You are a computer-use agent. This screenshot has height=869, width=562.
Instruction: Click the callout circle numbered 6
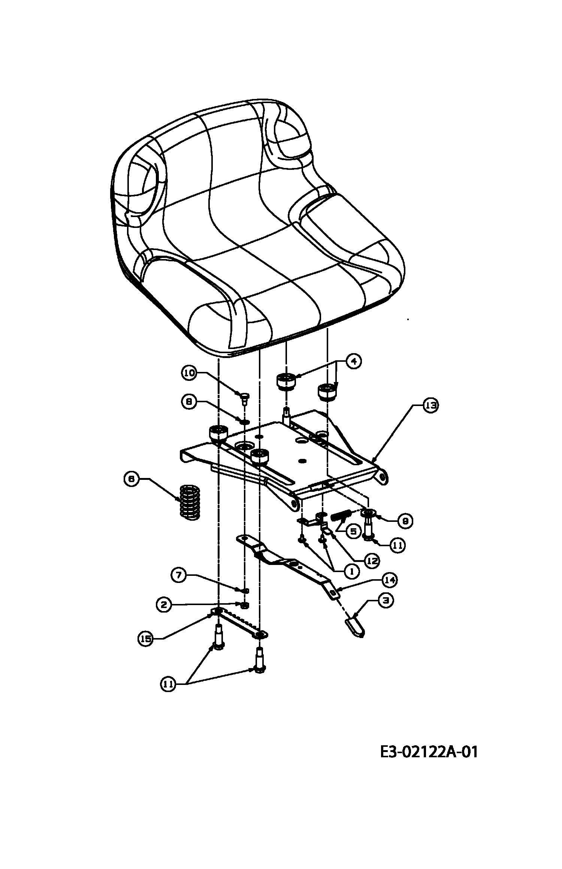(x=132, y=479)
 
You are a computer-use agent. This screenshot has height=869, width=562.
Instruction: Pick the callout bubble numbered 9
(x=405, y=521)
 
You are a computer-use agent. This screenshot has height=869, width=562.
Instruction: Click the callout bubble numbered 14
(x=390, y=580)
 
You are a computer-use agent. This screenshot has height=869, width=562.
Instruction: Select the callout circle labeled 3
(x=386, y=600)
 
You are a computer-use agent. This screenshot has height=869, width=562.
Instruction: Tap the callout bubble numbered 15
(x=146, y=639)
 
